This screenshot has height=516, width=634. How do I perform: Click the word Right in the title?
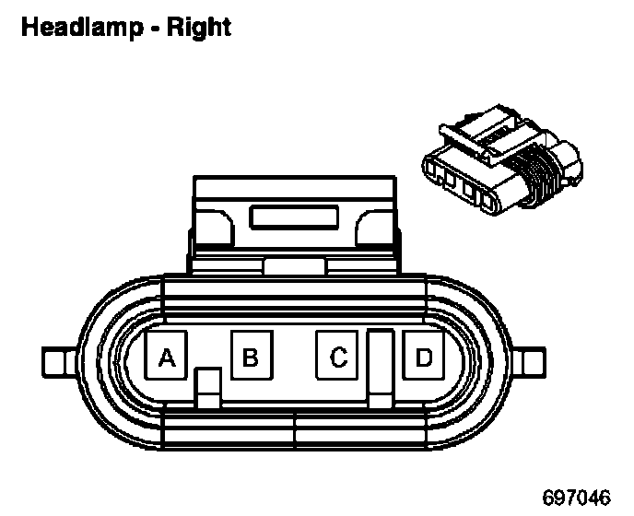[x=197, y=28]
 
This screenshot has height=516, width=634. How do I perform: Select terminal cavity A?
[x=167, y=357]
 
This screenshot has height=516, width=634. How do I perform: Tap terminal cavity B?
[x=250, y=357]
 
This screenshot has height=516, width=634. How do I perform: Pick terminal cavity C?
[x=338, y=357]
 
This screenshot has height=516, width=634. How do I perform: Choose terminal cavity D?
[x=423, y=357]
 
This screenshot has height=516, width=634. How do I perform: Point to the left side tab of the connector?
[x=57, y=359]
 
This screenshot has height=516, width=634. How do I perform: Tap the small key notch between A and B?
[x=209, y=387]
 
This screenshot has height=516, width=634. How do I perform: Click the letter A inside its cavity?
[x=167, y=357]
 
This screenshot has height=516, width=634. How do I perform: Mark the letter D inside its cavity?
[x=423, y=357]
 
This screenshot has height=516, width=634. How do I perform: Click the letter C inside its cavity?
[x=338, y=357]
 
